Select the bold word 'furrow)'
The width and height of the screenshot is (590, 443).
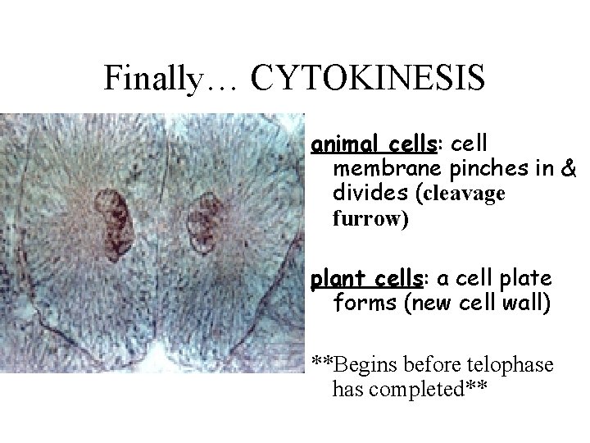370,220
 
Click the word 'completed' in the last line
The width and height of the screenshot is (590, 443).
433,388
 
